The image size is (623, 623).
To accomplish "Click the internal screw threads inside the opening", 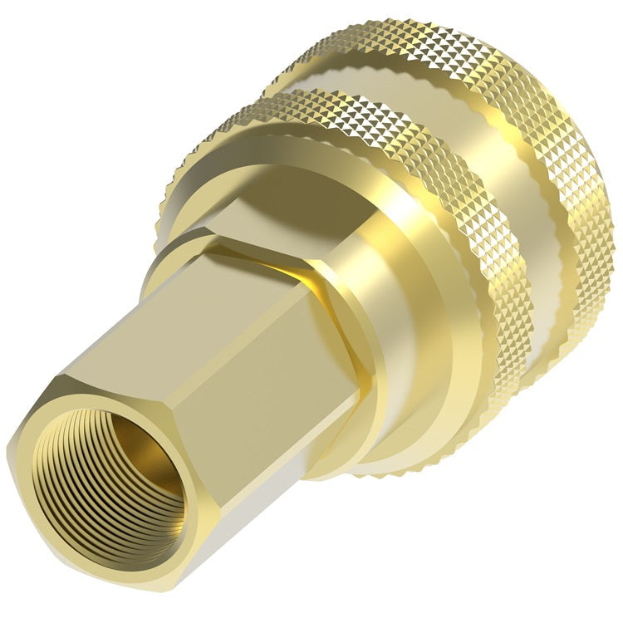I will (75, 482).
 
